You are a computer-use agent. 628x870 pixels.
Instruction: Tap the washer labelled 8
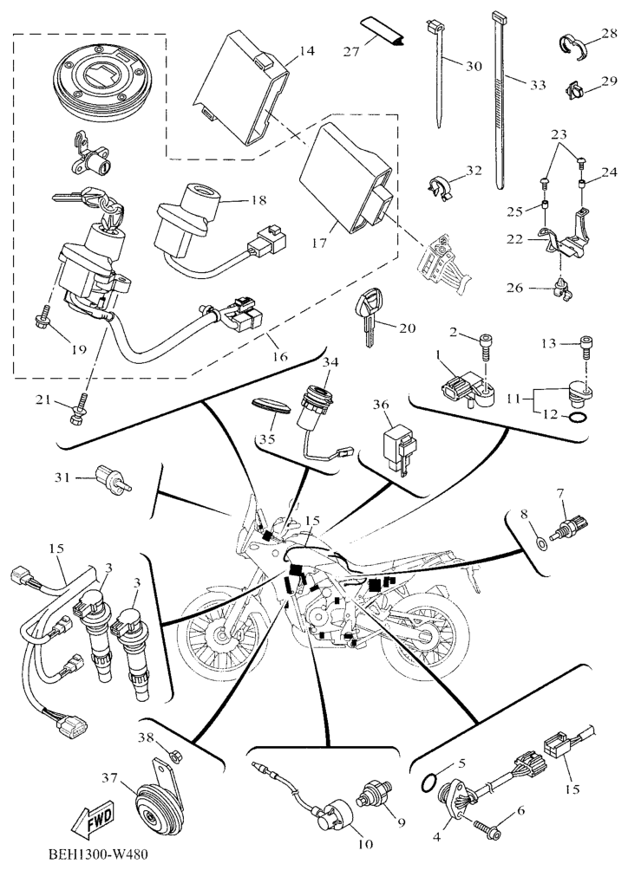(x=540, y=543)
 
